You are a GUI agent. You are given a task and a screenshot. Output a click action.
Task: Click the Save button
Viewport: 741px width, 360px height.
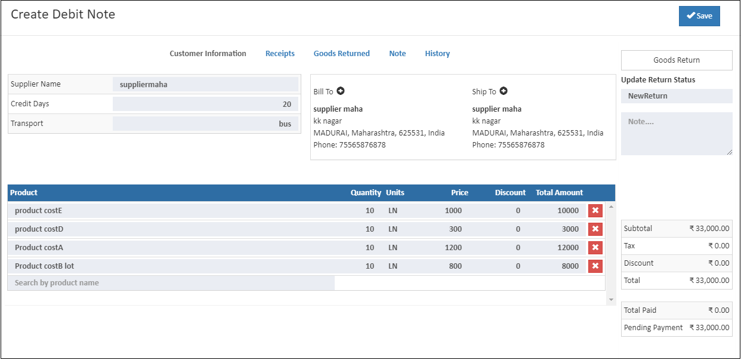point(699,16)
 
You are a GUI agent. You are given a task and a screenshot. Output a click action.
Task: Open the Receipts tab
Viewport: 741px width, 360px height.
point(280,54)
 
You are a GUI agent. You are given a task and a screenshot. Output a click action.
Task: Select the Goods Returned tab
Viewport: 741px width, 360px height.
point(341,54)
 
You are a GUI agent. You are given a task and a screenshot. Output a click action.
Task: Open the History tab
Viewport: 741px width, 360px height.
point(437,54)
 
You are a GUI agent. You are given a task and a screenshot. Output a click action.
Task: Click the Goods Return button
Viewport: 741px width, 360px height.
point(677,60)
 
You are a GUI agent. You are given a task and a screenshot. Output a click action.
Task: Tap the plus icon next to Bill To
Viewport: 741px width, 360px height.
point(341,91)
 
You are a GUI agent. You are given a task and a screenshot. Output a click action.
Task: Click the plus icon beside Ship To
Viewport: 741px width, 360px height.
point(504,91)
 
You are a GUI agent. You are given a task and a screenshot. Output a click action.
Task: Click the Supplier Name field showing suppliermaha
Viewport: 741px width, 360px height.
point(205,84)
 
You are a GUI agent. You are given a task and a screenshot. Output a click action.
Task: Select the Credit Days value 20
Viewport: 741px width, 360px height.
point(205,104)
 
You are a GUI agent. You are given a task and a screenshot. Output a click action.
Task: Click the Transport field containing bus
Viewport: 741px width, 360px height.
point(205,124)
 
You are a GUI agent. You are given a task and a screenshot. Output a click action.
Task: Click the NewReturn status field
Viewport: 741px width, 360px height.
point(677,96)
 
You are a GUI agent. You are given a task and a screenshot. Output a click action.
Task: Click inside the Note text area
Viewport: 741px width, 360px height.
point(677,134)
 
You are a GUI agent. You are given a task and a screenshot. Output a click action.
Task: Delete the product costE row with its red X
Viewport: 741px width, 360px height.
point(595,211)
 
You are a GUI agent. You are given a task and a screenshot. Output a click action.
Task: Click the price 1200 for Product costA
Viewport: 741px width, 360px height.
point(453,248)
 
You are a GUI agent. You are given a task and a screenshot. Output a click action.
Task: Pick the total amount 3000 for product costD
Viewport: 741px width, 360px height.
point(570,229)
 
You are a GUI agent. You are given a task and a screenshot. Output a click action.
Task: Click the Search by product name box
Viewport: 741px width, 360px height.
point(171,283)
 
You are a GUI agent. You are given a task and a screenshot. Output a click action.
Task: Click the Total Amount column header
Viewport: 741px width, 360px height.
point(559,193)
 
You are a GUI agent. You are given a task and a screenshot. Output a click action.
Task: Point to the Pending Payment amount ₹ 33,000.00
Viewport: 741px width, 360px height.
point(709,328)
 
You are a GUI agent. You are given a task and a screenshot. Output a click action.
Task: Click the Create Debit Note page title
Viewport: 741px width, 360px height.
point(63,14)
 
